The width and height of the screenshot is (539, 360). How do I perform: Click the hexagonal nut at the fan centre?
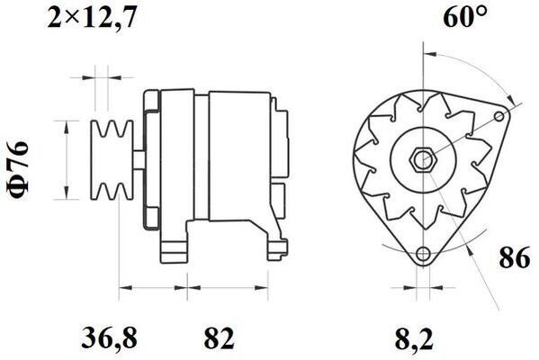(x=422, y=160)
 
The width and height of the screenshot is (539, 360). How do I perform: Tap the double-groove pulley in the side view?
(x=112, y=160)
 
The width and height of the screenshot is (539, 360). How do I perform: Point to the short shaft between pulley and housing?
(x=135, y=160)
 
